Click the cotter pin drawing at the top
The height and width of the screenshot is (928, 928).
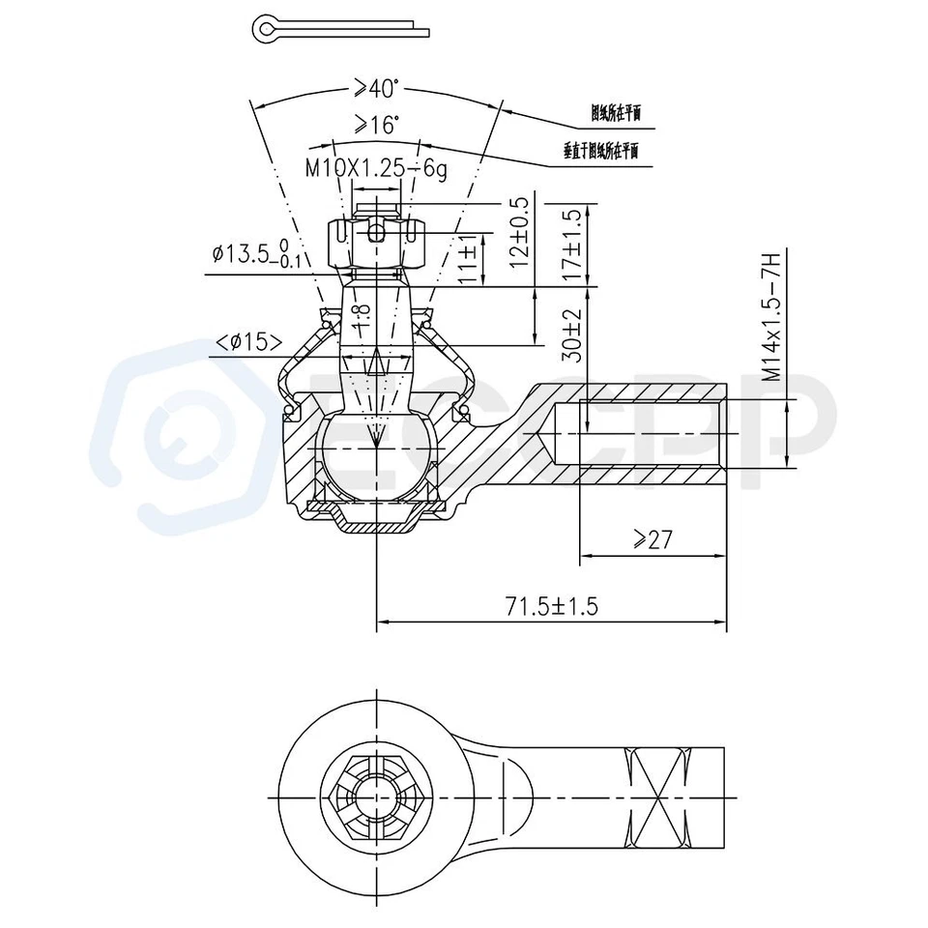[338, 30]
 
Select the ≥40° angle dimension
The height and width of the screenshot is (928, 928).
[375, 89]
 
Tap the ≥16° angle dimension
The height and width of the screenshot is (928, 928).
[375, 125]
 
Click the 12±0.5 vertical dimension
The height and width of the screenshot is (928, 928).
[521, 232]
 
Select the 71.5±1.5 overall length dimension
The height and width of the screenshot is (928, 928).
[552, 606]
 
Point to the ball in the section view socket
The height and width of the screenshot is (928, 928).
[375, 454]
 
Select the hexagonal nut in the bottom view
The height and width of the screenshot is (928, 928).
[376, 798]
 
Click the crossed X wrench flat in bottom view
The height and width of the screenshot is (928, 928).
[656, 798]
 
